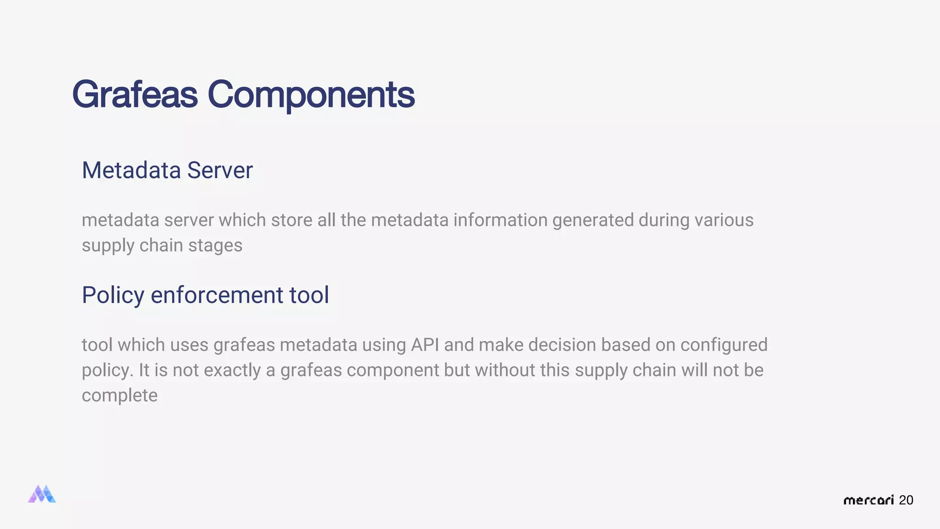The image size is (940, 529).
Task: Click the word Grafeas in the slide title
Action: [x=134, y=95]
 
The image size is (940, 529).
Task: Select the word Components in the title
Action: [x=311, y=95]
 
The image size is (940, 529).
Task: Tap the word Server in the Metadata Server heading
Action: [x=220, y=170]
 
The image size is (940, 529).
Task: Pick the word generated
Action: [x=593, y=220]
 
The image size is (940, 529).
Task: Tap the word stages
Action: [x=215, y=245]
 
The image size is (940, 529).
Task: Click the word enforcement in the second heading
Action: [x=217, y=295]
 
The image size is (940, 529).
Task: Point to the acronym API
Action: [x=425, y=345]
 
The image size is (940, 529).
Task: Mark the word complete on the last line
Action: [x=119, y=395]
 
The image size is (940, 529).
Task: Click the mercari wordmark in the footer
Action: [x=868, y=500]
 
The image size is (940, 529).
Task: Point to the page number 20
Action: [x=906, y=500]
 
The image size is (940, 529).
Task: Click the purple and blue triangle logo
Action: [x=42, y=494]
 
